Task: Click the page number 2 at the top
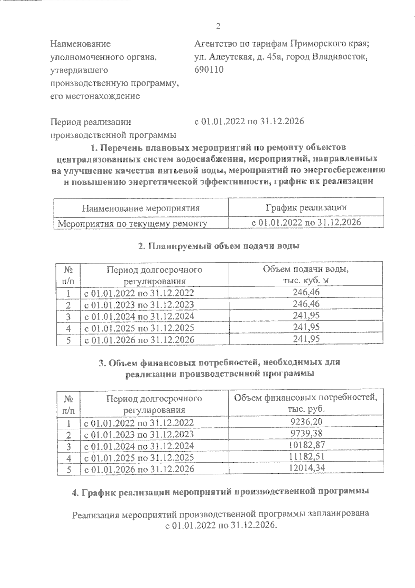(218, 26)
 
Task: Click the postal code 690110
(209, 70)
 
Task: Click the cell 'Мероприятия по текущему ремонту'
(132, 224)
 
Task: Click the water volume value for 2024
(306, 315)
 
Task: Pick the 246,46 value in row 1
(306, 292)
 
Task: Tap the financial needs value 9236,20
(306, 421)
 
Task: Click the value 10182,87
(306, 445)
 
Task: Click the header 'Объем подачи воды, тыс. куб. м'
(306, 275)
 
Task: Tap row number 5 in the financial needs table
(68, 469)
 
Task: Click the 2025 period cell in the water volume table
(139, 328)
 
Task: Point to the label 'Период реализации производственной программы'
(113, 128)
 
